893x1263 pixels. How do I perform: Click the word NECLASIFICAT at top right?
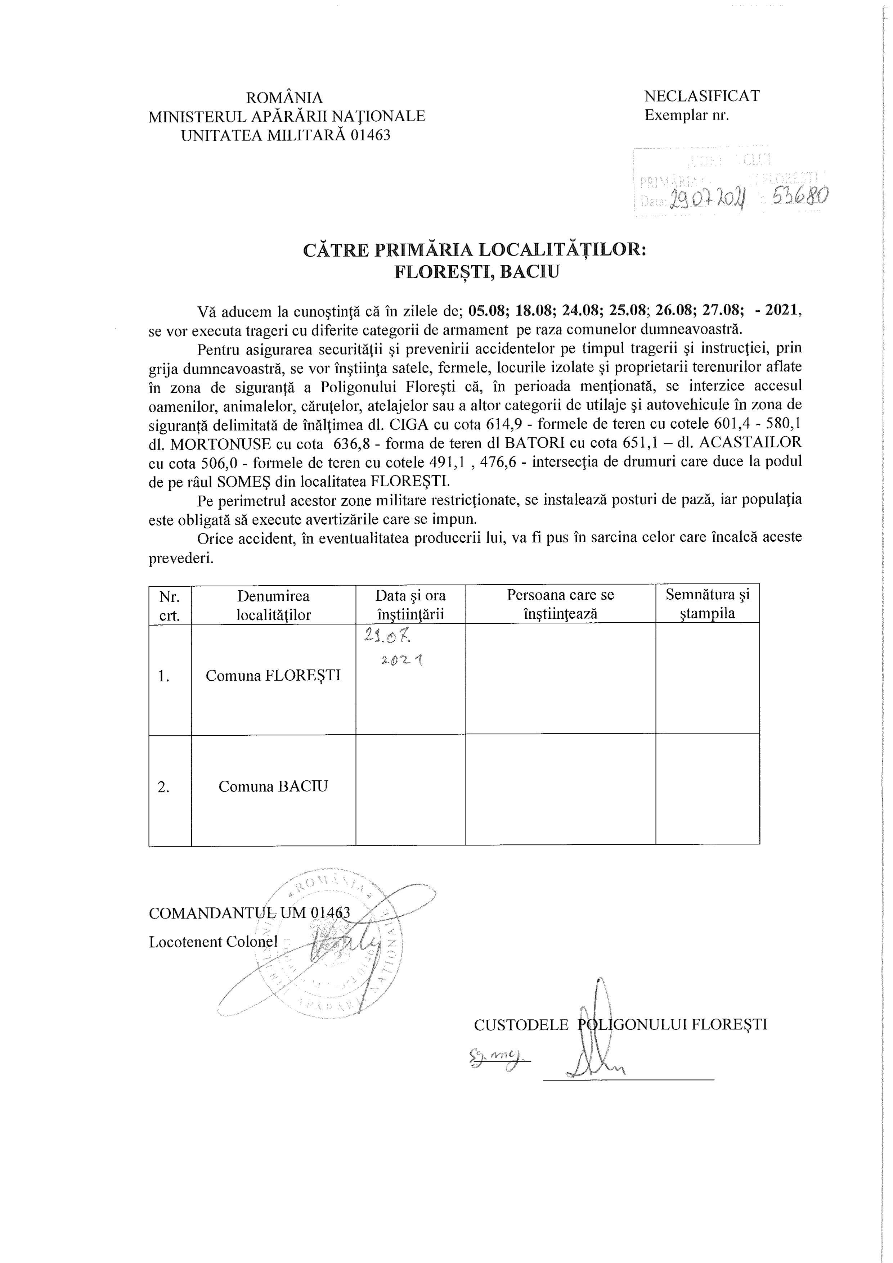click(x=702, y=96)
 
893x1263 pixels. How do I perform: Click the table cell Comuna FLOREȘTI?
click(x=273, y=676)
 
